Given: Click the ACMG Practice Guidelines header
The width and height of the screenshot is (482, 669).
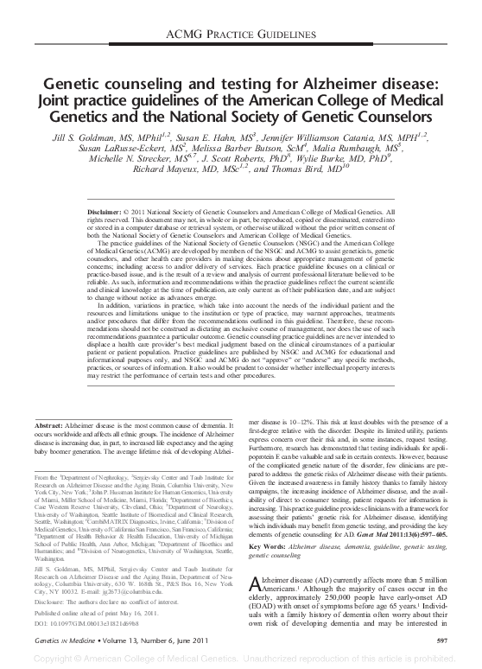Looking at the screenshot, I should coord(241,33).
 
